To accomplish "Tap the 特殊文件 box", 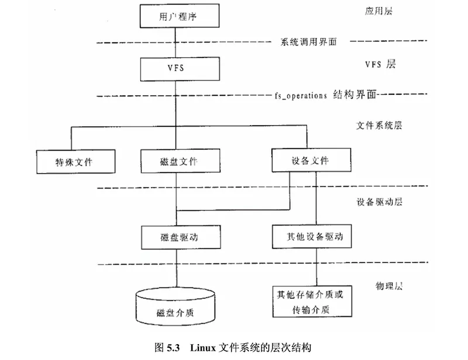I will [74, 162].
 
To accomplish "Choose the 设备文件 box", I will [312, 159].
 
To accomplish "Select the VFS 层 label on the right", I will [379, 64].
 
